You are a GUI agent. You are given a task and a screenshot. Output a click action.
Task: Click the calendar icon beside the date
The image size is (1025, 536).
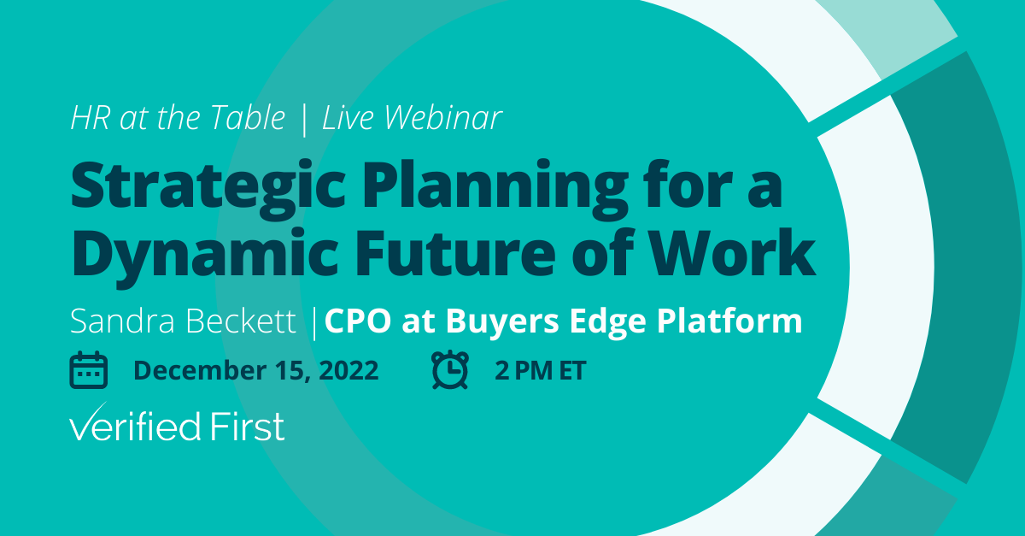tap(88, 370)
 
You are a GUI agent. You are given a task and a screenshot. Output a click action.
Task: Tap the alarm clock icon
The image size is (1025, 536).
tap(450, 370)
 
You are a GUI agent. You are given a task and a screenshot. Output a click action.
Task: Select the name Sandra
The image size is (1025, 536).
tap(119, 322)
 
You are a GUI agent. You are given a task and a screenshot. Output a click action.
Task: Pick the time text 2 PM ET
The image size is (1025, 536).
tap(540, 370)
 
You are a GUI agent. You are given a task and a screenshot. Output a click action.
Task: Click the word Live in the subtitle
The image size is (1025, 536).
tap(345, 119)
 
